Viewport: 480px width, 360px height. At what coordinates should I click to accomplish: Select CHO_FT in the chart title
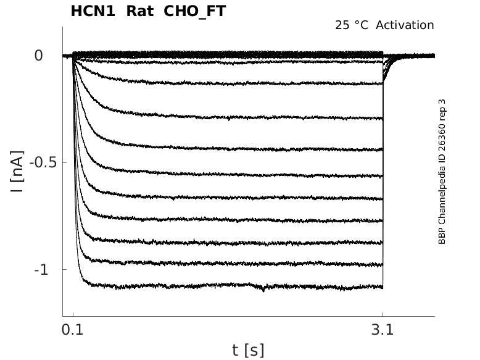[195, 11]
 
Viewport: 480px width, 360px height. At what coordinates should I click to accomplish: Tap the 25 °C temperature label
[352, 25]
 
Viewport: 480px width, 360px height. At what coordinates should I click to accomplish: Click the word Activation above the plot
[405, 25]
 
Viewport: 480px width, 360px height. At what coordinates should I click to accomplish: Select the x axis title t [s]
[248, 350]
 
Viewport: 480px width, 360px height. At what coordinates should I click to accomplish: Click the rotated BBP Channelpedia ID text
[442, 172]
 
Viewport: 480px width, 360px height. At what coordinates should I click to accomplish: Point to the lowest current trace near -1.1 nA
[185, 287]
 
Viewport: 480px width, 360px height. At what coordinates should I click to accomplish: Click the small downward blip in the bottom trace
[264, 289]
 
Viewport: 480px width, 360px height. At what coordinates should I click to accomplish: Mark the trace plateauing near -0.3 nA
[247, 116]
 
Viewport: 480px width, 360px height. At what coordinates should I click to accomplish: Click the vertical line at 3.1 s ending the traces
[383, 185]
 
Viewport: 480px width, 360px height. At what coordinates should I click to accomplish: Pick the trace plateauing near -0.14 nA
[247, 82]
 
